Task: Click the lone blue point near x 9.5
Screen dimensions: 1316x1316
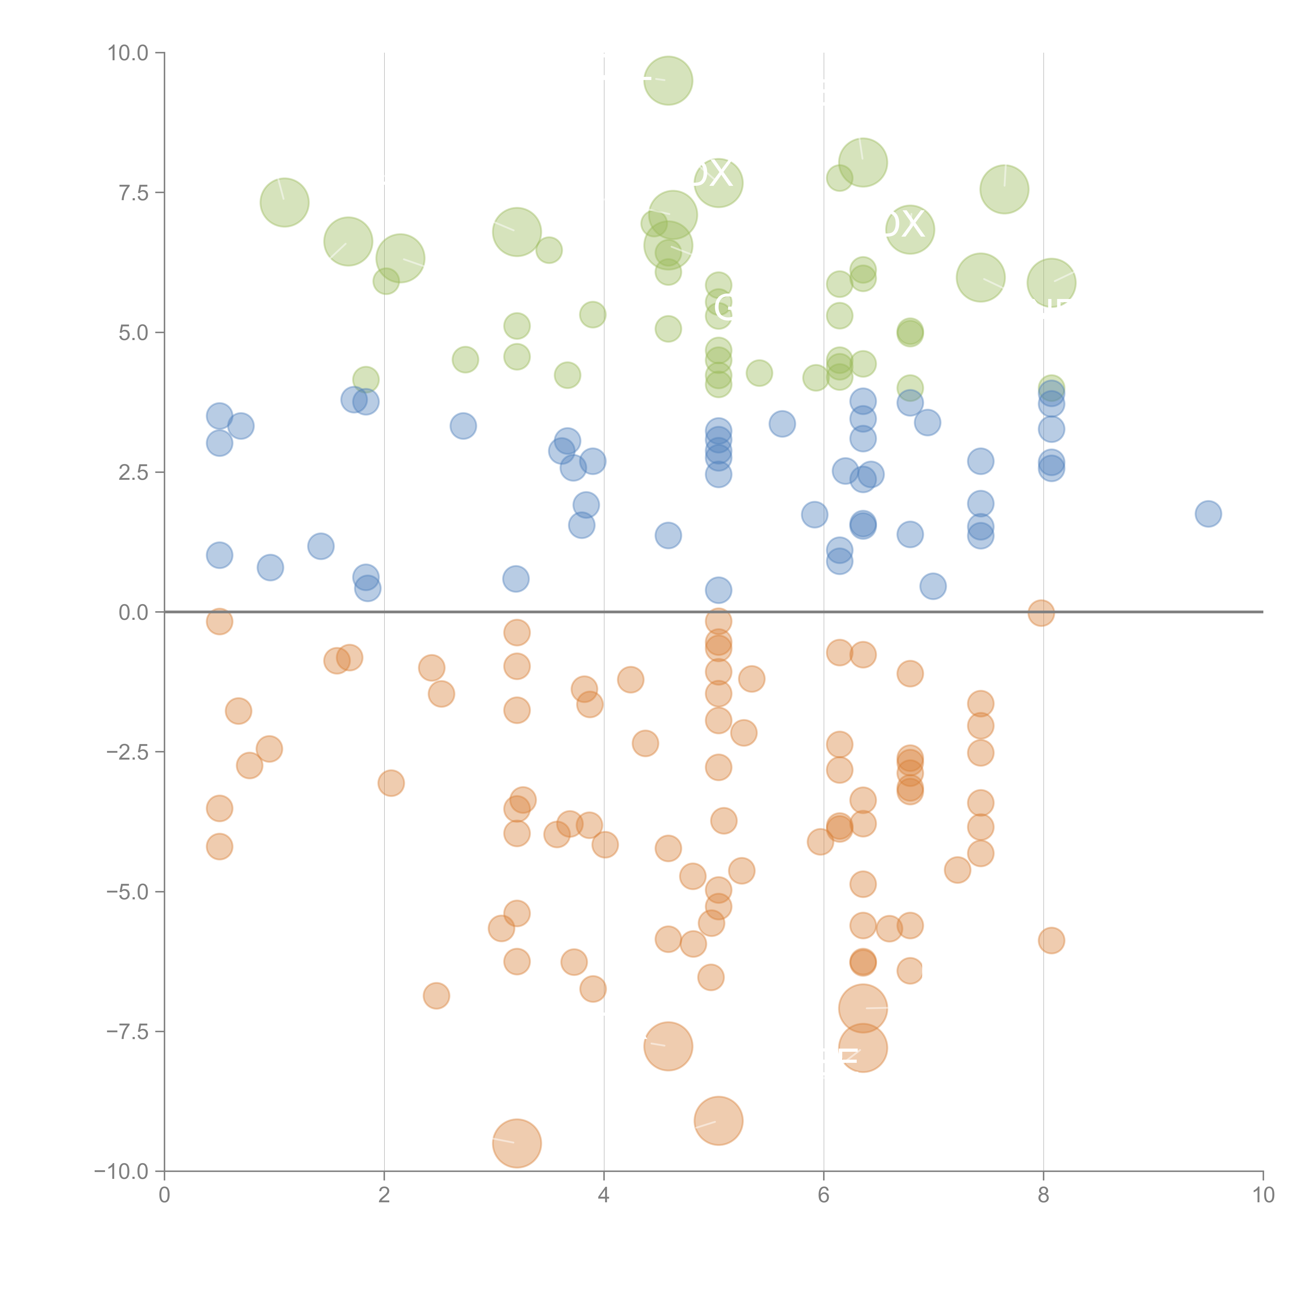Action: coord(1208,514)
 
